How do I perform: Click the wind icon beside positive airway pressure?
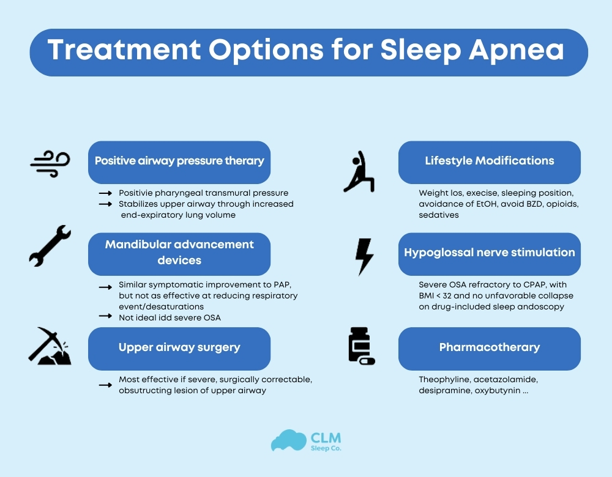pos(50,163)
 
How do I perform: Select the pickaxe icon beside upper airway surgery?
pos(50,346)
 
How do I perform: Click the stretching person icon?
pos(359,172)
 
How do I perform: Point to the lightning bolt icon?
pos(364,256)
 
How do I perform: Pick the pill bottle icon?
pos(360,346)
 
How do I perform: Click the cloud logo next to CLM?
pos(288,442)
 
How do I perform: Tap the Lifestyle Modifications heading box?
pos(489,162)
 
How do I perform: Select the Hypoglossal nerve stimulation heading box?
pos(489,253)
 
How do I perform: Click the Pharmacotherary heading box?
pos(489,348)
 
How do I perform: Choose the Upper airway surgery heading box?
pos(179,348)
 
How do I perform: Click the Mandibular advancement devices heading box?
pos(179,253)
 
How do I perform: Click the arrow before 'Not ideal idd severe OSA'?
pos(105,317)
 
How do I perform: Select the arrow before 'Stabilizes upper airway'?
pos(105,204)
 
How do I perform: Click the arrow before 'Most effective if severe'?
pos(105,385)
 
